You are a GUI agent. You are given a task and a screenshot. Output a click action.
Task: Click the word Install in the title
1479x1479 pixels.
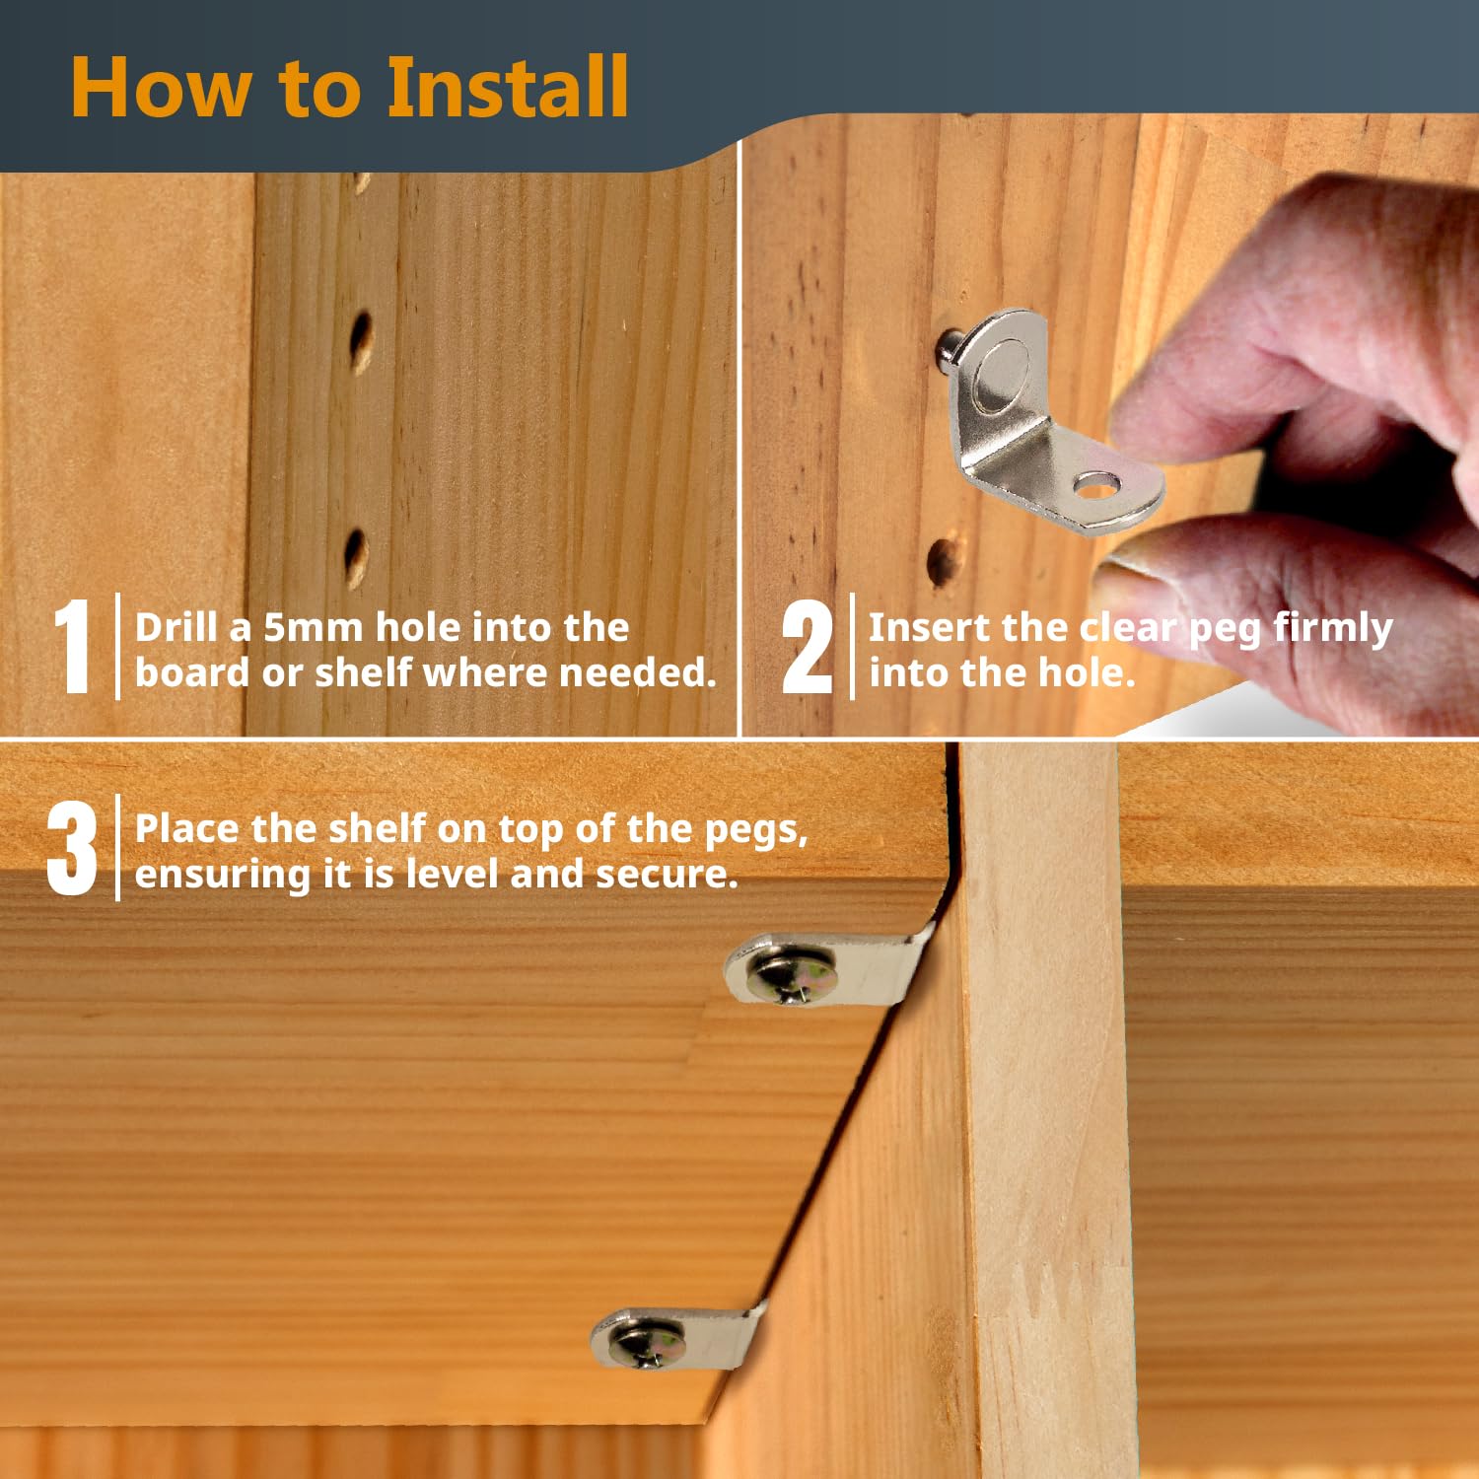click(507, 87)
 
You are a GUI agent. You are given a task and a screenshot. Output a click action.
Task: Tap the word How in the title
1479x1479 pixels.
click(161, 88)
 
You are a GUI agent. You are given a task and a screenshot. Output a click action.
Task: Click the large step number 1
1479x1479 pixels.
click(72, 646)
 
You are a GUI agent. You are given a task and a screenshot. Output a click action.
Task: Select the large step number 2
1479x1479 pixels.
click(808, 646)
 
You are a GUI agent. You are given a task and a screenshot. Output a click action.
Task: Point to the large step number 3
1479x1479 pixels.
click(72, 848)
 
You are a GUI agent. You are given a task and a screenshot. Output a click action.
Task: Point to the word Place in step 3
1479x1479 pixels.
click(187, 828)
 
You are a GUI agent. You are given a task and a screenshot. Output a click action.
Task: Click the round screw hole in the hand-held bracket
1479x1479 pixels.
click(1096, 485)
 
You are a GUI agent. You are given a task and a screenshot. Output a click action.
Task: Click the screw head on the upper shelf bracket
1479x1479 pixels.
click(791, 975)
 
